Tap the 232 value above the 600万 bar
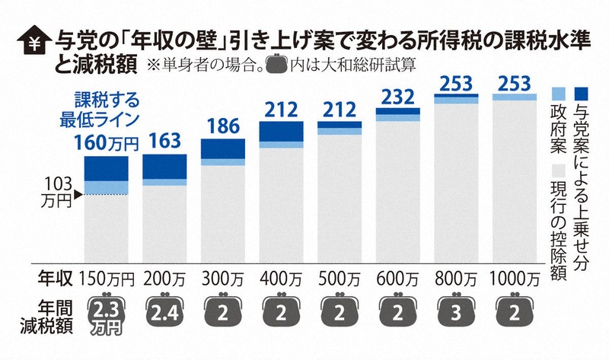[x=398, y=97]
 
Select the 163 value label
[x=164, y=141]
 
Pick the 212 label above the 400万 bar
[x=282, y=110]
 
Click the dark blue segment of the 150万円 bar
[x=106, y=167]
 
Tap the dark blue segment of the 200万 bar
[x=164, y=166]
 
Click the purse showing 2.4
[x=164, y=312]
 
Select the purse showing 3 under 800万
[x=457, y=312]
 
